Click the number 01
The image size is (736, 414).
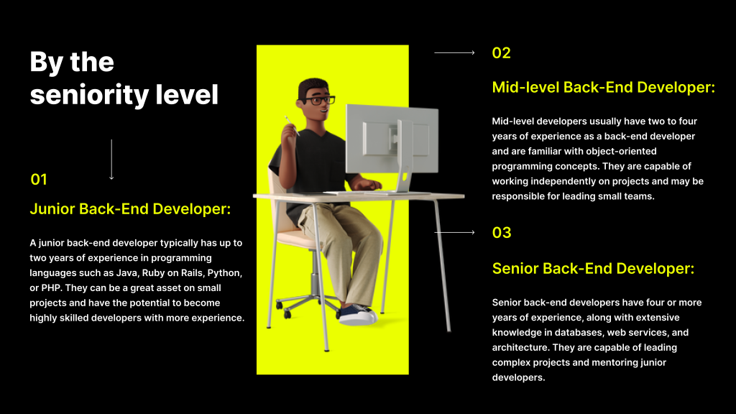click(39, 180)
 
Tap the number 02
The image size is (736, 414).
click(501, 52)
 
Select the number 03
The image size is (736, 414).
click(502, 232)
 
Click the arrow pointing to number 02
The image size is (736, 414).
click(454, 52)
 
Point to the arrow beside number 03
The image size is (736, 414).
click(454, 232)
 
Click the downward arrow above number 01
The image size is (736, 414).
click(111, 159)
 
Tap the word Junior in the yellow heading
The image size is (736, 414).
click(52, 209)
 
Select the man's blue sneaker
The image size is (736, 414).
click(359, 316)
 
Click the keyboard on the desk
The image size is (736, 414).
click(351, 193)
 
